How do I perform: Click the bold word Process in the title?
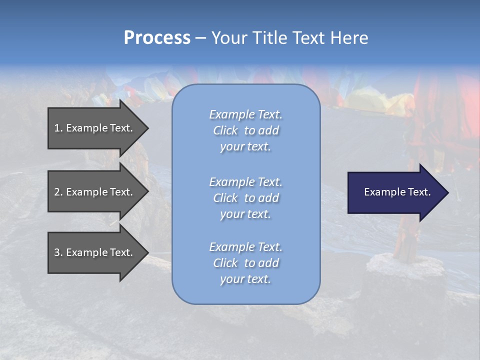point(157,38)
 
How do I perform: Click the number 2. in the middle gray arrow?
point(58,192)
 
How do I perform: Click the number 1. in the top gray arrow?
point(58,128)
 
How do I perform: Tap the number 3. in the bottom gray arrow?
point(58,252)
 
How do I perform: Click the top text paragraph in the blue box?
point(245,130)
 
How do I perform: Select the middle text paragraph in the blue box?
point(245,198)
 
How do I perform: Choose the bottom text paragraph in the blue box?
point(245,263)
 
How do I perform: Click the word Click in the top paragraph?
point(225,131)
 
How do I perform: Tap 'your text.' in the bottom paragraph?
point(245,279)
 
